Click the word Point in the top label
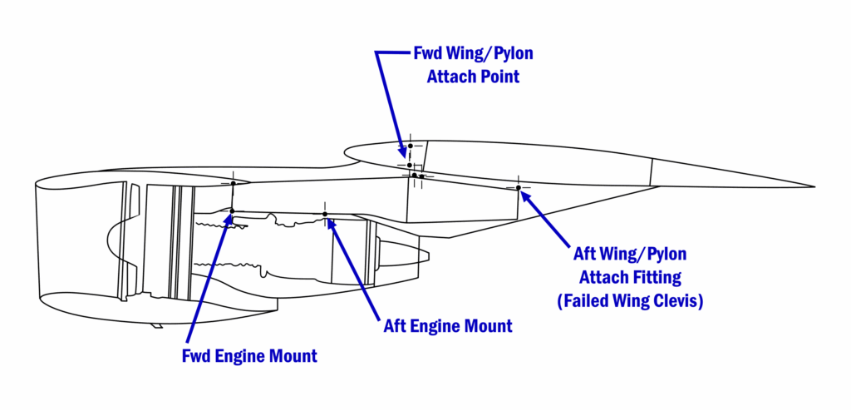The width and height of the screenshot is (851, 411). coord(495,77)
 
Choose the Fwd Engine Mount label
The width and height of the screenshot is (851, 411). coord(249,356)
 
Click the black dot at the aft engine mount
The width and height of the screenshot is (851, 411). coord(325,214)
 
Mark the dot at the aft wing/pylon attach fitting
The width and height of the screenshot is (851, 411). coord(518,187)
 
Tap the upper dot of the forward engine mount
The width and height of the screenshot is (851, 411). coord(234,183)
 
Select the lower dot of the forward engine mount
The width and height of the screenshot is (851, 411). coord(233,210)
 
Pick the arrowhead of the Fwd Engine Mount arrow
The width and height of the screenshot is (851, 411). coord(230,219)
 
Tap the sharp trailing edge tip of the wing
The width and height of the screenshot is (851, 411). coord(813,186)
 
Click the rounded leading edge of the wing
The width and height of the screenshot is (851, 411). coord(343,152)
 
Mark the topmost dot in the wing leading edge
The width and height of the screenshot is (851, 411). coord(411,146)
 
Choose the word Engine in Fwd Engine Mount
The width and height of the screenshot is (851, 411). coord(244,356)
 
